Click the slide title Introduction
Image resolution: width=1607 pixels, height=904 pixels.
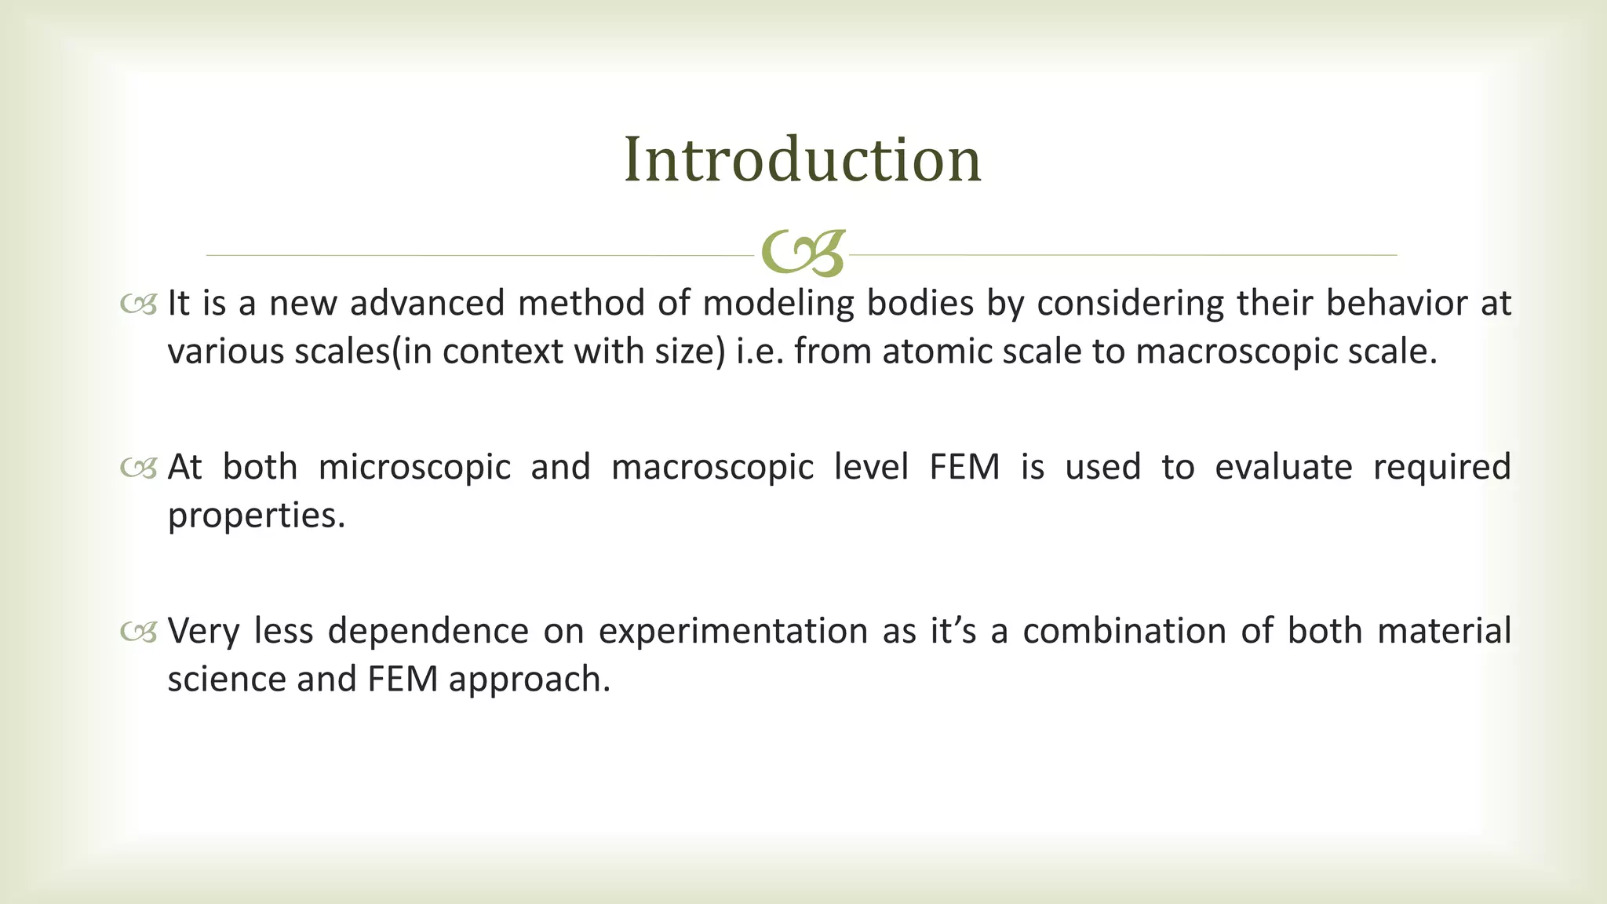click(x=802, y=160)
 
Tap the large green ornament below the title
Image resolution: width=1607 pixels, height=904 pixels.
click(x=803, y=253)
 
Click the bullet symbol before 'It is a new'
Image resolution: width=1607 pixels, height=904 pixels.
click(x=139, y=304)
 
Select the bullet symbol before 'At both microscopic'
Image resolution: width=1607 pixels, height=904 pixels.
click(x=139, y=468)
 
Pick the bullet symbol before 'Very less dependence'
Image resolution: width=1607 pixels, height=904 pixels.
click(x=139, y=632)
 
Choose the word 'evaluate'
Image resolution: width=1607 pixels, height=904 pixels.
click(x=1283, y=468)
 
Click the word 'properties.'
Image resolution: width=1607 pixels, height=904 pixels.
click(x=257, y=516)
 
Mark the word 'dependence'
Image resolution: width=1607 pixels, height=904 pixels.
click(x=428, y=632)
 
